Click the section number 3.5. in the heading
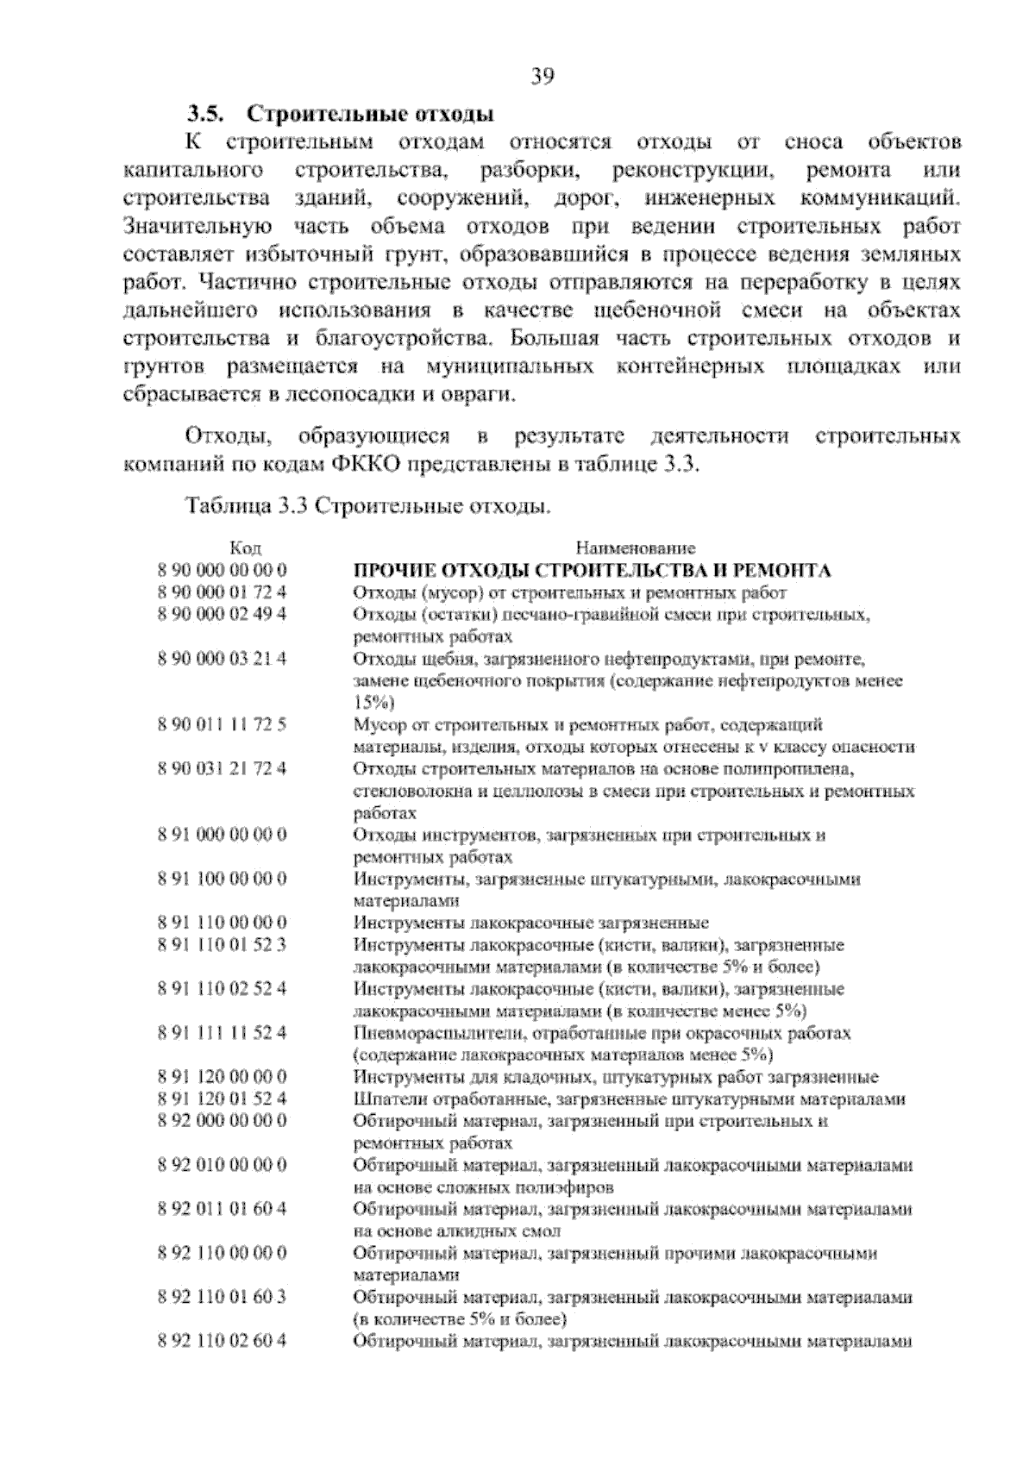tap(207, 114)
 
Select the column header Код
tap(246, 548)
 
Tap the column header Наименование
tap(635, 548)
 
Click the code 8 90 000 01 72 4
tap(222, 592)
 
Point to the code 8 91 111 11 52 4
tap(222, 1032)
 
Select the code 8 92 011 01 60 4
tap(222, 1208)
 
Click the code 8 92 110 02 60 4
tap(222, 1340)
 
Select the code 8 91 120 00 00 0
tap(222, 1076)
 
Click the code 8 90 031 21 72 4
tap(222, 768)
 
